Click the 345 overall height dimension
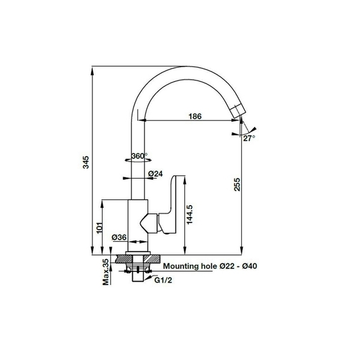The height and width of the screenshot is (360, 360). click(86, 161)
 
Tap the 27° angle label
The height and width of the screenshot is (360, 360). click(249, 138)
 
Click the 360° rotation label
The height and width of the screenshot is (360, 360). click(139, 156)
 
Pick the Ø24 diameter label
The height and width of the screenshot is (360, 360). click(156, 175)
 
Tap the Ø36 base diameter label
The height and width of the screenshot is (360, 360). click(119, 238)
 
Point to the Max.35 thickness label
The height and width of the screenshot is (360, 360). click(105, 272)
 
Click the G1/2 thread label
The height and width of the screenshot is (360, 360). click(164, 280)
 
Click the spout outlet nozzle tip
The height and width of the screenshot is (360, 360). click(239, 110)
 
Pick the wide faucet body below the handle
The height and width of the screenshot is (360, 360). click(138, 226)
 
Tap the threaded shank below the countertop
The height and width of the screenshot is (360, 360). click(139, 273)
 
